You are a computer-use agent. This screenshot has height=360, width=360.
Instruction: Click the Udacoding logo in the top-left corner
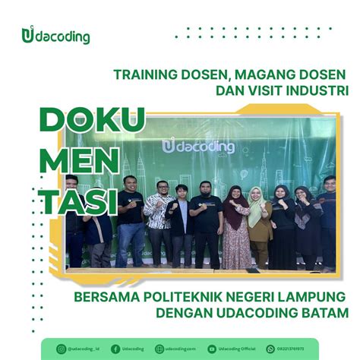[56, 36]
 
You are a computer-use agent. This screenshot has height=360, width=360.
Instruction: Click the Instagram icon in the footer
[62, 349]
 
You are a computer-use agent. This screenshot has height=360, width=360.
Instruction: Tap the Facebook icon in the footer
[115, 349]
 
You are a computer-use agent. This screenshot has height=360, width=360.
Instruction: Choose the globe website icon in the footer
[159, 349]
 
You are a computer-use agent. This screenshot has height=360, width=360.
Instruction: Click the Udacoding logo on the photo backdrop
[199, 145]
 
